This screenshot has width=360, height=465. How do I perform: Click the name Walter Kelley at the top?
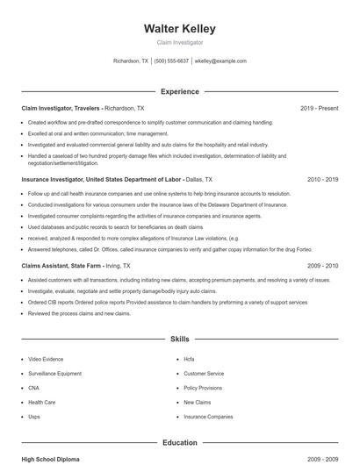pos(179,28)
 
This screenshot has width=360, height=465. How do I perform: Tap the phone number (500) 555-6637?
pos(171,61)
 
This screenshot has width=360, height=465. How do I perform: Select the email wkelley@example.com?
pos(220,61)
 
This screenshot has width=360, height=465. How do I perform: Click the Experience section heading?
pos(179,91)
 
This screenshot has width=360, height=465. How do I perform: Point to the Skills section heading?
pos(179,338)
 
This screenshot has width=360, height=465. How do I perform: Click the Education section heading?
pos(179,443)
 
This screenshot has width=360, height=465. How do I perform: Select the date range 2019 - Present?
pos(319,108)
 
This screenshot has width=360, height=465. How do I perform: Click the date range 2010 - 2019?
pos(322,179)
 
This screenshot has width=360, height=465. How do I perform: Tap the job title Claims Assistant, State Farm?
pos(61,265)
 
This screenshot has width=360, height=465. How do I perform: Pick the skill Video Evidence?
pos(46,359)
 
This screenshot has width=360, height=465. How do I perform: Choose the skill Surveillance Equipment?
pos(54,373)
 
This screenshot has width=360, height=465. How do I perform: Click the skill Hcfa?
pos(189,359)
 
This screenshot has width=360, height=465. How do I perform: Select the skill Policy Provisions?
pos(203,388)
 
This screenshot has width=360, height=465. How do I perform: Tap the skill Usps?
pos(34,417)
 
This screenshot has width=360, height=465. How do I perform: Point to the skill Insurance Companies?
pos(208,417)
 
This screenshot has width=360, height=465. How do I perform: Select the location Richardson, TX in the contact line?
pos(132,61)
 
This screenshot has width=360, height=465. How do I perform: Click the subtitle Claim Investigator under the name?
pos(179,42)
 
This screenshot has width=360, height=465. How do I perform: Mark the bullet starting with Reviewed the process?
pos(79,313)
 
